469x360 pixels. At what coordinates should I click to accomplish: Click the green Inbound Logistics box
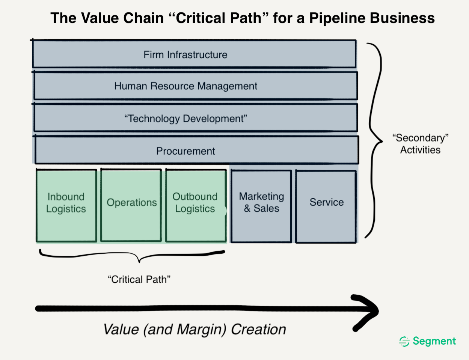(66, 206)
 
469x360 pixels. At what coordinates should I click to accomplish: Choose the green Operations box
(131, 206)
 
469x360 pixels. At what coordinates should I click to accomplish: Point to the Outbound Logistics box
(196, 206)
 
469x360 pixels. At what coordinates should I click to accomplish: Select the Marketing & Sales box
(261, 206)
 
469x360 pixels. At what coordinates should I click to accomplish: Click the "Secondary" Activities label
(420, 144)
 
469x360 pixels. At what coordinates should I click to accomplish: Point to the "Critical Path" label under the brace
(139, 279)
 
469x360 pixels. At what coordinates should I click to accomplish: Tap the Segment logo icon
(404, 341)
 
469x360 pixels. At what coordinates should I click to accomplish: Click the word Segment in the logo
(434, 341)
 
